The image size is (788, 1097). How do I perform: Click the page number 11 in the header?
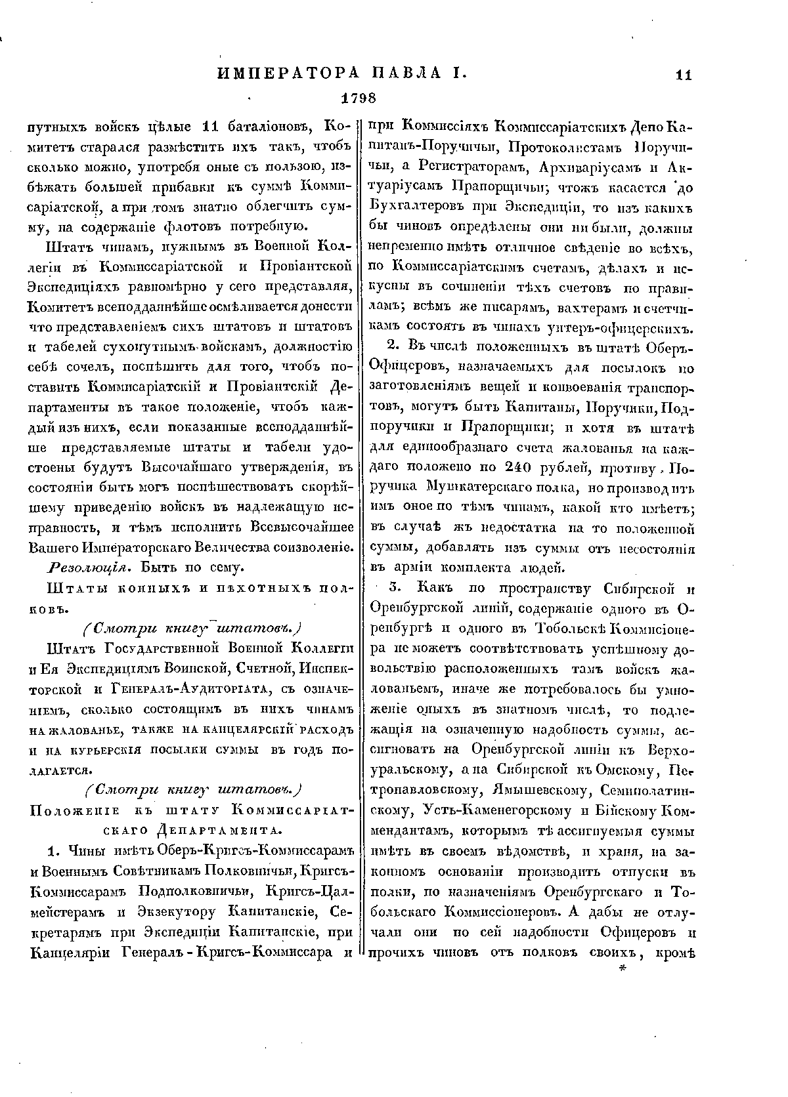click(x=683, y=75)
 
